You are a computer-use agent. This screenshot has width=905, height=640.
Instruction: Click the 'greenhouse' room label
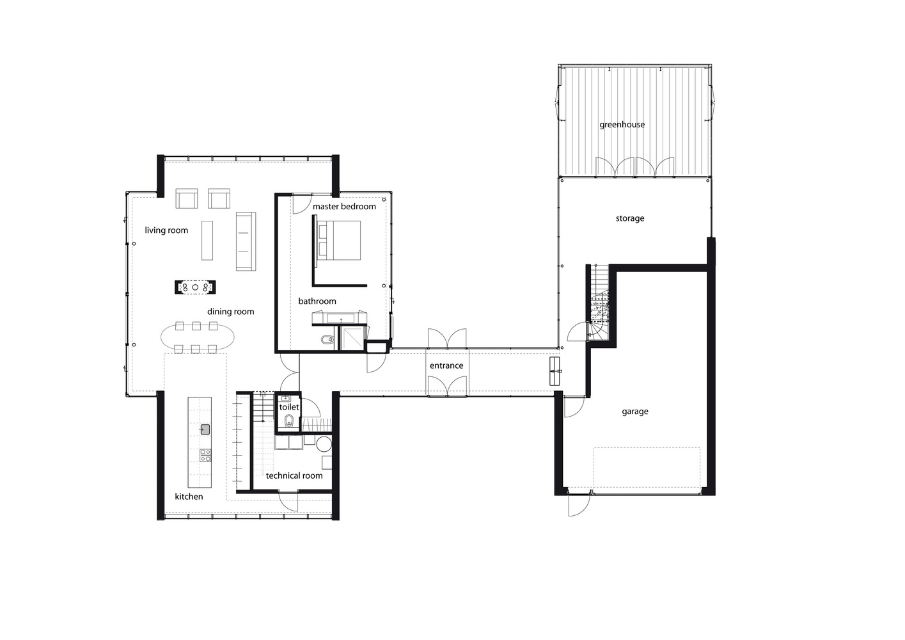click(x=622, y=125)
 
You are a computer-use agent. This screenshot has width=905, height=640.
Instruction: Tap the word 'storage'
click(x=630, y=218)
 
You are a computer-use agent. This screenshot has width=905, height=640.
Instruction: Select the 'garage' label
click(x=634, y=412)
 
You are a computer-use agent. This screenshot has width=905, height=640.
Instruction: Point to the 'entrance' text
click(x=446, y=365)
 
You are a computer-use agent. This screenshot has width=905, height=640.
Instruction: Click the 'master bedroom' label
click(x=344, y=206)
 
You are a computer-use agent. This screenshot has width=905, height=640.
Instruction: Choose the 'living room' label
click(x=166, y=230)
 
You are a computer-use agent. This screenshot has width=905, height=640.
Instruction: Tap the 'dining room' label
click(x=231, y=312)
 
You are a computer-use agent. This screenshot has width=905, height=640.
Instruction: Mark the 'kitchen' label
click(x=189, y=497)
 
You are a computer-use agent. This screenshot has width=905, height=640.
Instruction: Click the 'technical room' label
click(x=294, y=476)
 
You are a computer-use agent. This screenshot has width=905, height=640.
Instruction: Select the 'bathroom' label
click(x=317, y=301)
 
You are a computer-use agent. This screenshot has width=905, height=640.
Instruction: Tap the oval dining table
click(x=198, y=337)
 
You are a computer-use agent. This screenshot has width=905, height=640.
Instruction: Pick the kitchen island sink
click(x=205, y=429)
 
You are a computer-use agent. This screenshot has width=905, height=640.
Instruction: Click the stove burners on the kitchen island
click(x=205, y=455)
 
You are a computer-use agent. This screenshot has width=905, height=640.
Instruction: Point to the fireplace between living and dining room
click(x=195, y=287)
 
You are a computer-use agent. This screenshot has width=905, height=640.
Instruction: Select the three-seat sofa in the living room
click(x=246, y=241)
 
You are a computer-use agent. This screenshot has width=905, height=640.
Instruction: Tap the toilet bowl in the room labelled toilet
click(x=289, y=422)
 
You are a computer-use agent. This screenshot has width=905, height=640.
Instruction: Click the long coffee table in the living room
click(x=207, y=240)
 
